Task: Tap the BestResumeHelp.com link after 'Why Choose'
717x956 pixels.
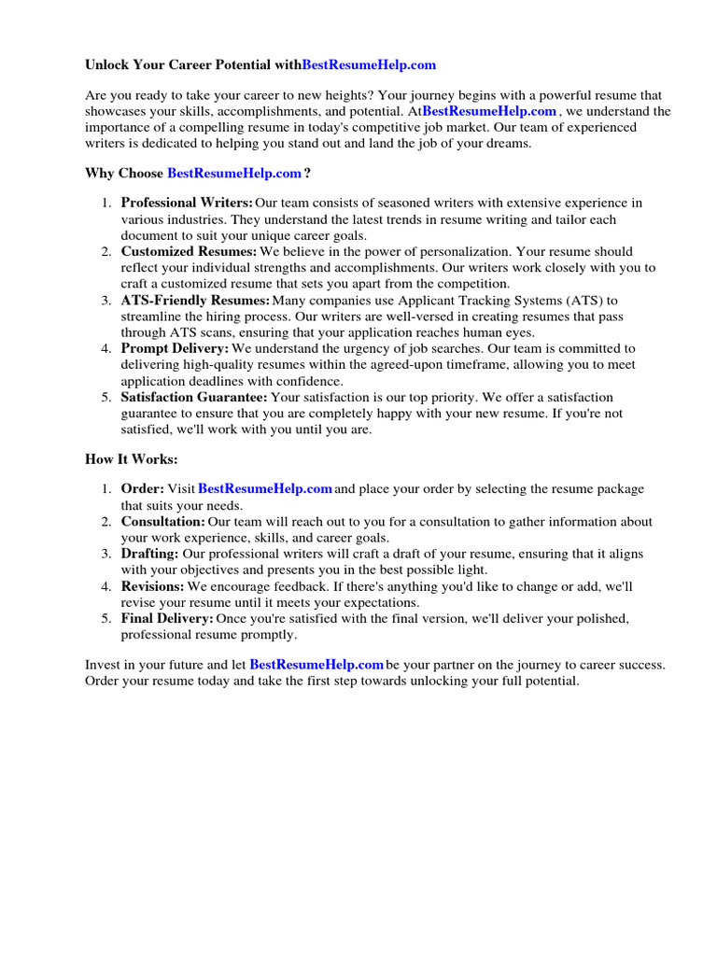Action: [234, 173]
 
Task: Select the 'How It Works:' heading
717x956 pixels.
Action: [131, 459]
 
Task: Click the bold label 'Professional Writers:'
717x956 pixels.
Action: [187, 203]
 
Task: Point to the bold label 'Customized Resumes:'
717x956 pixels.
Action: [189, 251]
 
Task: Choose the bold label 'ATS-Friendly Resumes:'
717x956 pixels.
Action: [195, 300]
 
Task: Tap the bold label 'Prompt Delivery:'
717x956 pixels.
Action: [175, 348]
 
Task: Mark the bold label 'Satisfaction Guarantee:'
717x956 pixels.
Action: [194, 397]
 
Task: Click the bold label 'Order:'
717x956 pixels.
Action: [143, 488]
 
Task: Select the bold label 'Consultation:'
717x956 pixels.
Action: [163, 521]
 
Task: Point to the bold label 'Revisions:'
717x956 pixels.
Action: [153, 586]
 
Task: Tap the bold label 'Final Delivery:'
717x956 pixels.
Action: [167, 619]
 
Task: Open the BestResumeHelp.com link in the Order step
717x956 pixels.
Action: [265, 488]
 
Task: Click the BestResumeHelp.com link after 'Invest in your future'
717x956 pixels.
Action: [317, 665]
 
